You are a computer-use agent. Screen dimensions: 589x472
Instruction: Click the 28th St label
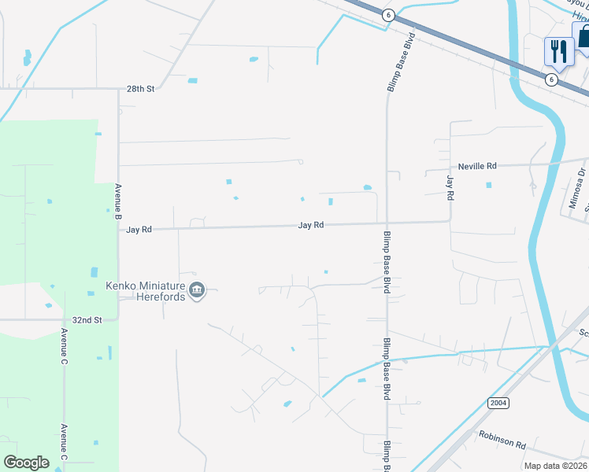pos(141,90)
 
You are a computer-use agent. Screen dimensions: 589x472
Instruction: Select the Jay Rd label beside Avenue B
pos(139,230)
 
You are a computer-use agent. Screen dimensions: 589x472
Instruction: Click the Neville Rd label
pos(478,166)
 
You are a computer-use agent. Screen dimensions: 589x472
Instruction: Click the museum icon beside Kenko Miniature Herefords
pos(198,292)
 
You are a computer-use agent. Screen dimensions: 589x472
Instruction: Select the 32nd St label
pos(87,320)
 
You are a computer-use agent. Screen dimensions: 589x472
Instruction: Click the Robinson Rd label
pos(502,438)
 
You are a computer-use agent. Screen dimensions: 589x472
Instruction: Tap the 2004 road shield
pos(498,403)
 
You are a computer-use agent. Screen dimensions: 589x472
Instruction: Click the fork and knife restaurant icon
pos(558,51)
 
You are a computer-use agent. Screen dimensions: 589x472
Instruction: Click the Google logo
pos(26,463)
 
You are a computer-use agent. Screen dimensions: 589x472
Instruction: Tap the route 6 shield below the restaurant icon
pos(551,79)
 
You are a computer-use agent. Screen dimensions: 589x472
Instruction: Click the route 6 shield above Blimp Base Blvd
pos(388,15)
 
